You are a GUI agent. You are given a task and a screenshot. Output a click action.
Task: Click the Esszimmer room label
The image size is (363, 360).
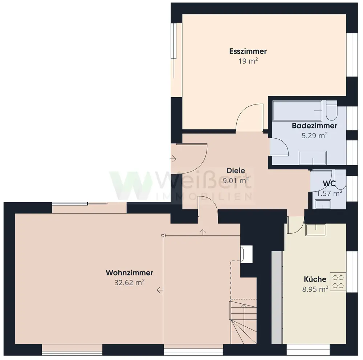248,51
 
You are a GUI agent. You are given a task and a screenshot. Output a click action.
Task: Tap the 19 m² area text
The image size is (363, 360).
248,61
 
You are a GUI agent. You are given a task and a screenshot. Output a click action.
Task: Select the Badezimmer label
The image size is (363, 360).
314,126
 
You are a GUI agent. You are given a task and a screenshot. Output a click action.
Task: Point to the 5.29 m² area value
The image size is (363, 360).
314,135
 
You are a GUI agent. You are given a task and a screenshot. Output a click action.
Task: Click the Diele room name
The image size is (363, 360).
236,171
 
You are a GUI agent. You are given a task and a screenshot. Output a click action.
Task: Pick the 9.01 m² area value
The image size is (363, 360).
236,180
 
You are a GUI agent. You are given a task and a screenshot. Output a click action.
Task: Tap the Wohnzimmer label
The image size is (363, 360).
130,273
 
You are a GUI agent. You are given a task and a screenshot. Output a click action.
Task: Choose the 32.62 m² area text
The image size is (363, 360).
130,282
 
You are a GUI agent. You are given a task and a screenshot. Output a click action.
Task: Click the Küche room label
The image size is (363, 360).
315,279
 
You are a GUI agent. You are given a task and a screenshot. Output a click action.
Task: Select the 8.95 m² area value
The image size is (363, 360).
315,289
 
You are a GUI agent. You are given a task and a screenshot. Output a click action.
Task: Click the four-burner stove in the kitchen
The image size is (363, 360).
338,282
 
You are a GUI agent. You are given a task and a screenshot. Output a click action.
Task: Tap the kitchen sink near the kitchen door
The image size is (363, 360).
316,230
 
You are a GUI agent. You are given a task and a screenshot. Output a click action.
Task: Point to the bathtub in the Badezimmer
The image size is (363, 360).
297,111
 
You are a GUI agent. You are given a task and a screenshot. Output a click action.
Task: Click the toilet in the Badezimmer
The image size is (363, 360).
331,111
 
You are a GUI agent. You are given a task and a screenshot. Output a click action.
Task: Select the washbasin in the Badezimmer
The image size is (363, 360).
313,157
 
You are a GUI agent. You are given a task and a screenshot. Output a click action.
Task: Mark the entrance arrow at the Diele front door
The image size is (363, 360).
173,159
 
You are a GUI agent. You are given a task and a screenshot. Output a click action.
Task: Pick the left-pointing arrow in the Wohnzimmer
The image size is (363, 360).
160,290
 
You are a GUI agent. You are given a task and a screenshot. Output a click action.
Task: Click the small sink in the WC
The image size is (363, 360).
323,204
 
